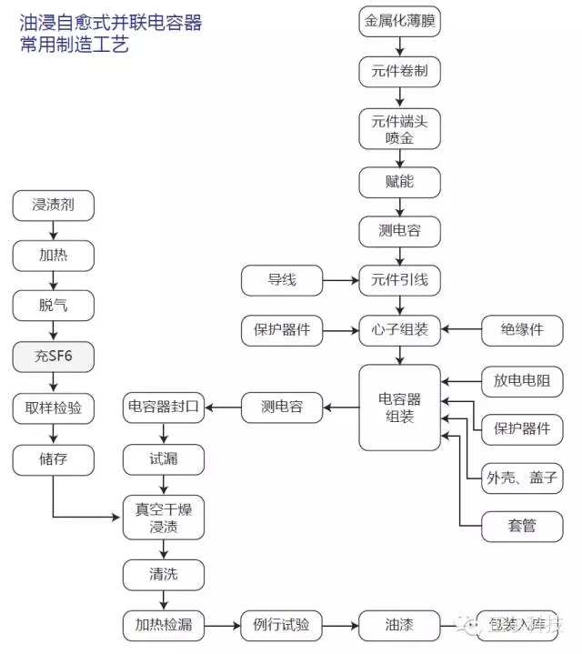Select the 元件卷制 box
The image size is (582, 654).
pyautogui.click(x=399, y=71)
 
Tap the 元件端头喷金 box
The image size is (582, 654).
pyautogui.click(x=399, y=129)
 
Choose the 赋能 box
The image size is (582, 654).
pyautogui.click(x=399, y=182)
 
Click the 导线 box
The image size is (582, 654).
pyautogui.click(x=281, y=280)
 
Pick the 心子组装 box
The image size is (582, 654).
pyautogui.click(x=399, y=329)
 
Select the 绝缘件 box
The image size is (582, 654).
pyautogui.click(x=522, y=329)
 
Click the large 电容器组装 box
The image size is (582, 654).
pyautogui.click(x=399, y=407)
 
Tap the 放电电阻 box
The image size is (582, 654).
pyautogui.click(x=522, y=380)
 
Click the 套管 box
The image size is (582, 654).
pyautogui.click(x=522, y=526)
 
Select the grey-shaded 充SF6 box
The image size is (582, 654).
pyautogui.click(x=53, y=357)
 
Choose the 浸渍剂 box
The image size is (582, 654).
pyautogui.click(x=53, y=206)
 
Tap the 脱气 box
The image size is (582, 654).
pyautogui.click(x=53, y=306)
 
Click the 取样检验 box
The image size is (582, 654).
pyautogui.click(x=53, y=408)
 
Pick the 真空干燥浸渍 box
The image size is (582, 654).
pyautogui.click(x=164, y=517)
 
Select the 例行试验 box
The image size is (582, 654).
pyautogui.click(x=281, y=625)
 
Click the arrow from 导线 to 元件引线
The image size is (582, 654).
pyautogui.click(x=340, y=280)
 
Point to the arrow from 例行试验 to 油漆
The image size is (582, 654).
pyautogui.click(x=340, y=625)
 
